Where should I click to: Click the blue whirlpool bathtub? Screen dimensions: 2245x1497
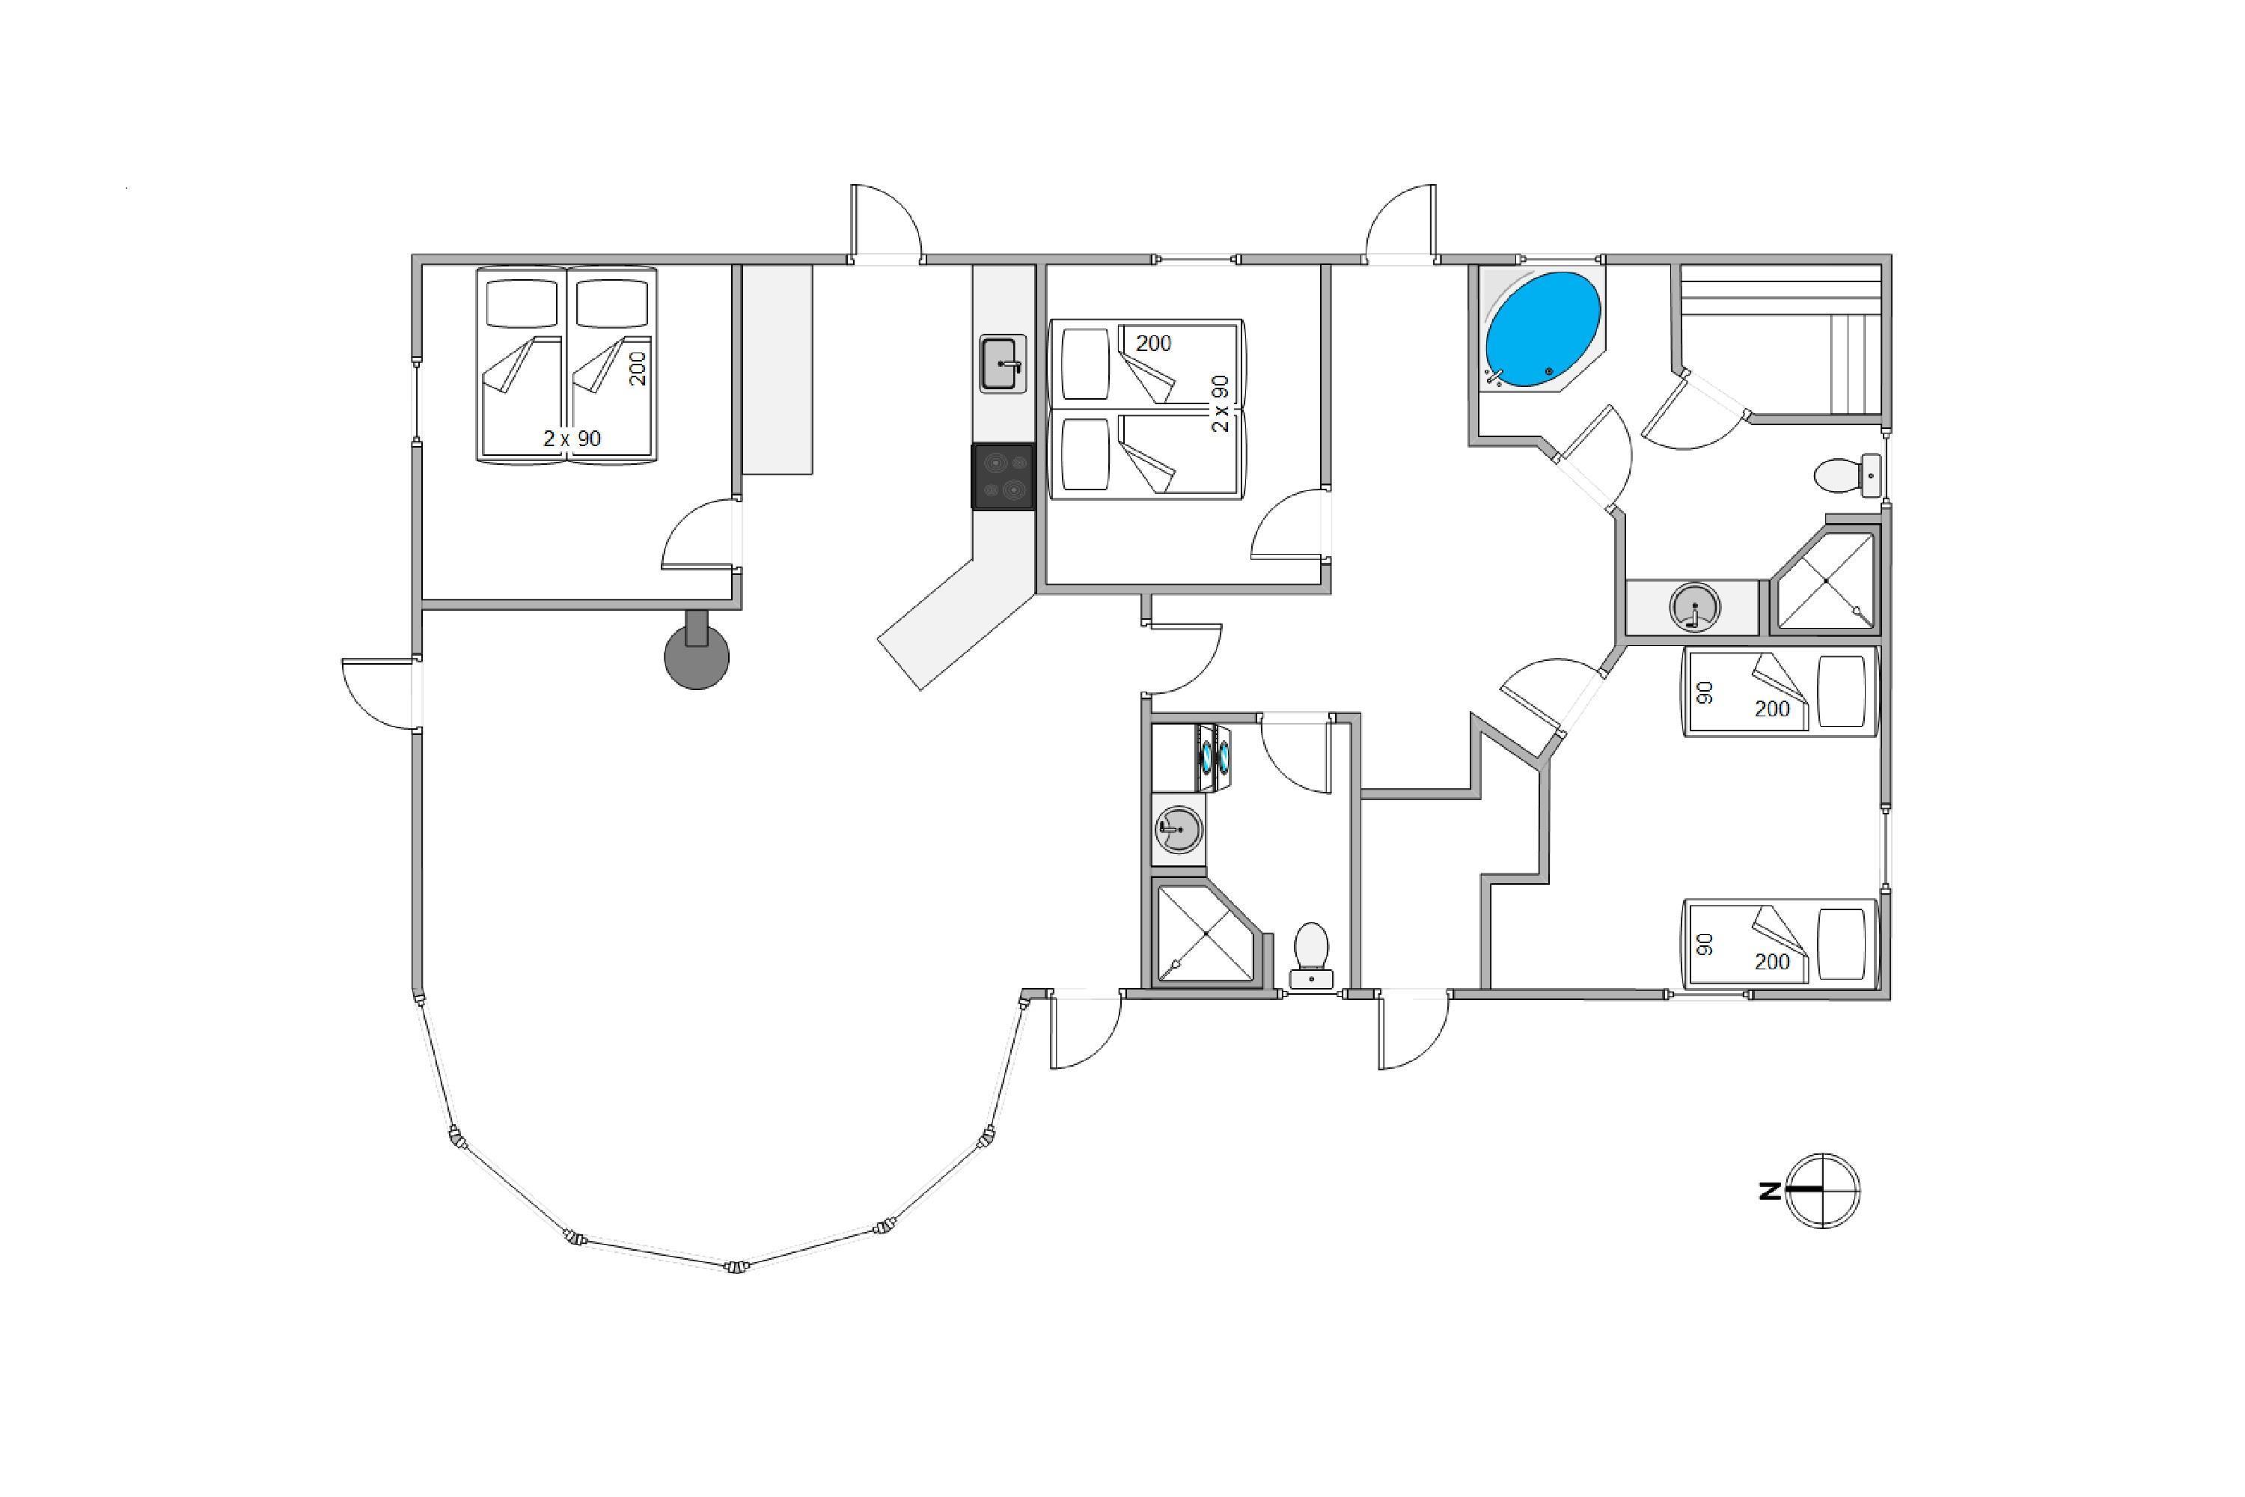(1542, 329)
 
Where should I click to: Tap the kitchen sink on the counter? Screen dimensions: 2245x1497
(1002, 364)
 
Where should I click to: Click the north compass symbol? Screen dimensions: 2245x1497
(1823, 1191)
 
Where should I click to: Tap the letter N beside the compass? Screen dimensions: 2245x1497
(1770, 1192)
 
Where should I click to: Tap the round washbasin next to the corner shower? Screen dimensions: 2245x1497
(1694, 607)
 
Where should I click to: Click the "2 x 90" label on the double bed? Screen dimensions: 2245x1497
(572, 438)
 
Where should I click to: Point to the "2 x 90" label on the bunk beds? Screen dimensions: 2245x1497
(1220, 403)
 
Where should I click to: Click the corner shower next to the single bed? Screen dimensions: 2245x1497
(1825, 581)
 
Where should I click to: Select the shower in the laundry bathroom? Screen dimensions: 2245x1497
(1206, 933)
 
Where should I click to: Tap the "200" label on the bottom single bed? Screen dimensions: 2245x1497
(1771, 961)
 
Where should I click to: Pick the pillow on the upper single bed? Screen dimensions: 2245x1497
(1840, 691)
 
